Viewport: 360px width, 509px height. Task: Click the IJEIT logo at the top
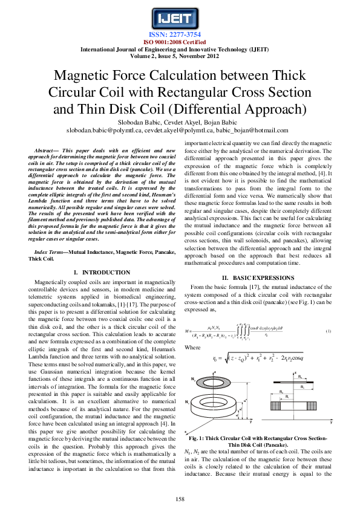point(180,16)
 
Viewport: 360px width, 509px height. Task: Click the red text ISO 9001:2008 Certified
point(180,42)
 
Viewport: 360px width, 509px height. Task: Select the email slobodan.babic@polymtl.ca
point(97,129)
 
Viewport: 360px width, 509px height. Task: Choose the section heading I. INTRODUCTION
point(101,273)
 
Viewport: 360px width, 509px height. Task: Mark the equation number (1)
point(328,332)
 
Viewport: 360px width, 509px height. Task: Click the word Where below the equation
point(192,348)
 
